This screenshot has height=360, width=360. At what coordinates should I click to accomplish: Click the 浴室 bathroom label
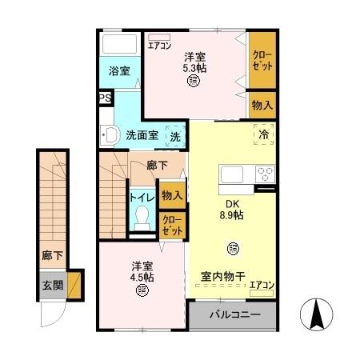click(121, 71)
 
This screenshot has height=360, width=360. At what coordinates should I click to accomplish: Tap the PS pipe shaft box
click(105, 98)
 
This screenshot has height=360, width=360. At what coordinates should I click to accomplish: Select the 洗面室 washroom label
click(142, 134)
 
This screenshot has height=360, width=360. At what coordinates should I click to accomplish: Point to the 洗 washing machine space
click(175, 135)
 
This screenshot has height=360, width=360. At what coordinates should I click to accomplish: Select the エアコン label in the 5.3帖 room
click(160, 45)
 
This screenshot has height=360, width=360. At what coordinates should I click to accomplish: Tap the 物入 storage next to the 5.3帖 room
click(262, 104)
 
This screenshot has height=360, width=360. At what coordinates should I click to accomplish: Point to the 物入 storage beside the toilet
click(172, 194)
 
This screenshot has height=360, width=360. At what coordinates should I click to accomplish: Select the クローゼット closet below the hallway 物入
click(171, 225)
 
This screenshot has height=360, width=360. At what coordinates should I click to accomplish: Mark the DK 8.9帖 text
click(232, 210)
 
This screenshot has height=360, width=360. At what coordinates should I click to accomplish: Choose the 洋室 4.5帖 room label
click(142, 272)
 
